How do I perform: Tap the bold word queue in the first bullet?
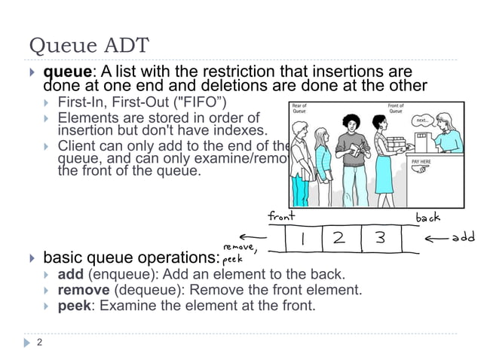click(x=67, y=72)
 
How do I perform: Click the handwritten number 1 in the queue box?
click(x=302, y=238)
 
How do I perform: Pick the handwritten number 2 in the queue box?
click(x=339, y=238)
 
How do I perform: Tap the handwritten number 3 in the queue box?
click(x=381, y=238)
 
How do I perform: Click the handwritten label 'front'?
click(x=281, y=217)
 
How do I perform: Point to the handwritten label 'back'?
click(x=428, y=218)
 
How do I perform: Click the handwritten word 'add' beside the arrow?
click(x=462, y=238)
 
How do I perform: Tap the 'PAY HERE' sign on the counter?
click(x=421, y=160)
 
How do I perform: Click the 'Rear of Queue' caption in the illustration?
click(x=300, y=109)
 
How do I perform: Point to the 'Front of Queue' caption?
click(x=395, y=109)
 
